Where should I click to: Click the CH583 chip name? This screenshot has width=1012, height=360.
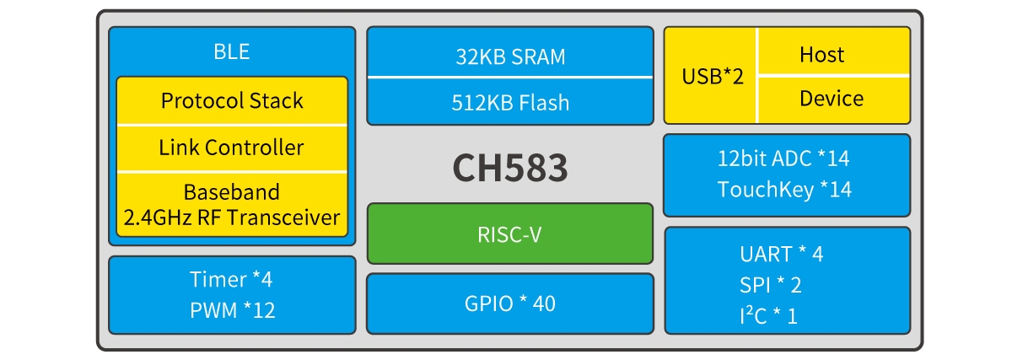pyautogui.click(x=510, y=169)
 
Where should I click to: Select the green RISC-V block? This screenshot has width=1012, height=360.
pyautogui.click(x=510, y=234)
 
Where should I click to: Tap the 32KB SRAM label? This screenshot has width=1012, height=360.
pyautogui.click(x=510, y=57)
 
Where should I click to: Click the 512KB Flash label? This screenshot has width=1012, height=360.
pyautogui.click(x=510, y=103)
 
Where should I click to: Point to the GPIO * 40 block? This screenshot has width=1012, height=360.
pyautogui.click(x=510, y=304)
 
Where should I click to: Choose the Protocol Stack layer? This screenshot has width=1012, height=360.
pyautogui.click(x=232, y=101)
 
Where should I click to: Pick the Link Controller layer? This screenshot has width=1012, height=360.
pyautogui.click(x=232, y=148)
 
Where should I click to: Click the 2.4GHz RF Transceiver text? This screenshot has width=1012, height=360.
pyautogui.click(x=232, y=218)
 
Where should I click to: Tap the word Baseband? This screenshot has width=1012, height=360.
pyautogui.click(x=232, y=193)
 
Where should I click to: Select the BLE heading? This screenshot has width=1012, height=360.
pyautogui.click(x=232, y=51)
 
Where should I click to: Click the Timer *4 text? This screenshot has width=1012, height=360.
pyautogui.click(x=232, y=279)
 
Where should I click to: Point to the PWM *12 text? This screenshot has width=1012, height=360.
pyautogui.click(x=232, y=310)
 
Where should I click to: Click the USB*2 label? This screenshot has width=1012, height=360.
pyautogui.click(x=713, y=76)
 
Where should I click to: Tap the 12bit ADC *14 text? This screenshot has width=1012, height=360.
pyautogui.click(x=786, y=158)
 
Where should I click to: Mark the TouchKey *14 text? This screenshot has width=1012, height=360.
pyautogui.click(x=786, y=190)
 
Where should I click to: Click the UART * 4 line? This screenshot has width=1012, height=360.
pyautogui.click(x=781, y=254)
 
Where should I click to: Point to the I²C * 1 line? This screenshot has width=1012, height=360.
pyautogui.click(x=769, y=316)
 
